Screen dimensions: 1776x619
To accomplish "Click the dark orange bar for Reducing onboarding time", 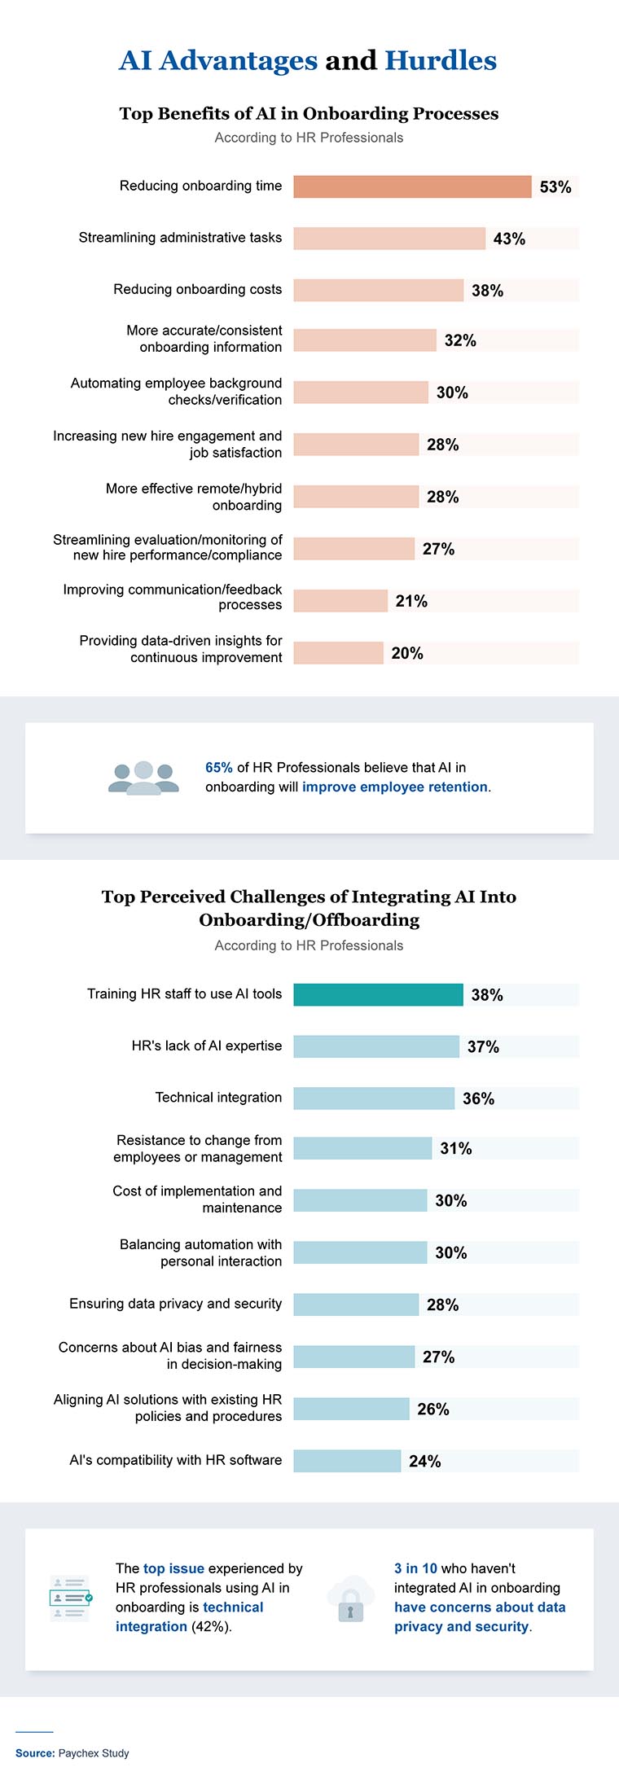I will [412, 186].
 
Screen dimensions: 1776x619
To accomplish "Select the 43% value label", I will [509, 239].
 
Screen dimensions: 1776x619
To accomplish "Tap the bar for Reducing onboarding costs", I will [378, 290].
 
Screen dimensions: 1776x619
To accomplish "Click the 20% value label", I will [407, 653].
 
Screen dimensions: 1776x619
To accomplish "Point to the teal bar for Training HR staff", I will [378, 994].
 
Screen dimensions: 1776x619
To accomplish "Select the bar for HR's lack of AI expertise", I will [376, 1046].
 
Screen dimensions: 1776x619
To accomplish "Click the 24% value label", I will [424, 1461].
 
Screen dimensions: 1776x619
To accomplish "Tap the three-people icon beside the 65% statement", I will [143, 778].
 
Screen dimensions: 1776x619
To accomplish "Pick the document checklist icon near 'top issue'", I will [70, 1598].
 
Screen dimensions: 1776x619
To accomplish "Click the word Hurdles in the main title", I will [440, 61].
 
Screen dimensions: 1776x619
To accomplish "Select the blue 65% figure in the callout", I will [218, 767].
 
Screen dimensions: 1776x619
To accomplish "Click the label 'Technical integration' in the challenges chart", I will [218, 1098].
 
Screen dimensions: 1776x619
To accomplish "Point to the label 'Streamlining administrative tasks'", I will [180, 238].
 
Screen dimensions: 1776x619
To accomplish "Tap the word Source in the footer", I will [34, 1752].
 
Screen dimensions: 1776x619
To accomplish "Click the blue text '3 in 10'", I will [415, 1568].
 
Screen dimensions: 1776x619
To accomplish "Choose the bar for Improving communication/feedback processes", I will [340, 601].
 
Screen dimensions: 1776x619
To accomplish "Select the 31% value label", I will [455, 1148].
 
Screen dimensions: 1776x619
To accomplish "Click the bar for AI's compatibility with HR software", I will [347, 1461].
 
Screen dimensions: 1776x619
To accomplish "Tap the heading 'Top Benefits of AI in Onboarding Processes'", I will [309, 114].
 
